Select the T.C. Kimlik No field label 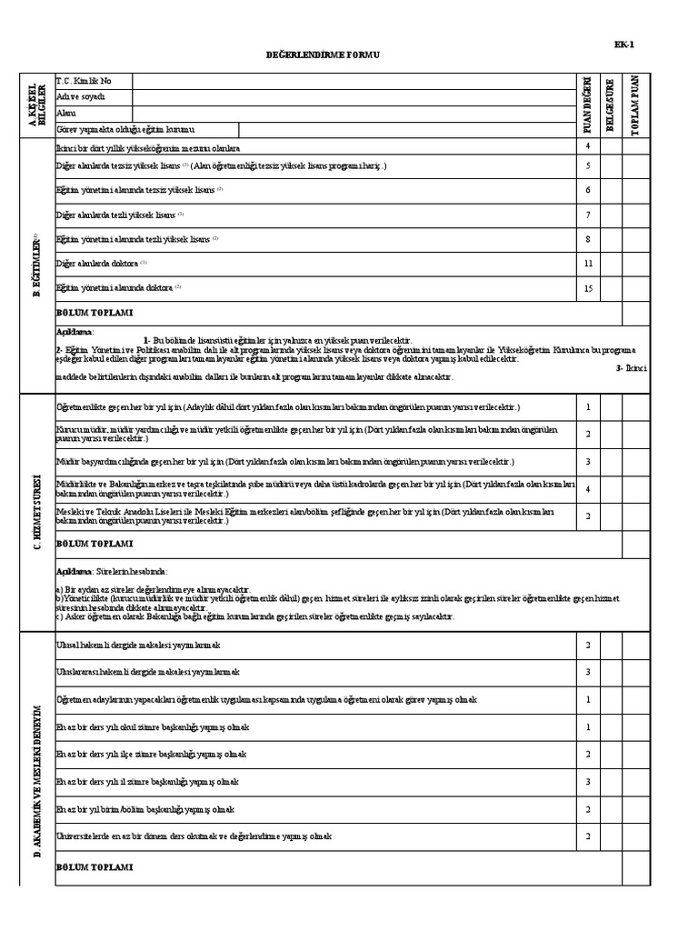coord(85,81)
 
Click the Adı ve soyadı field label coord(81,96)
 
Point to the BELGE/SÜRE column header coord(611,106)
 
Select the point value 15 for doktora coord(588,288)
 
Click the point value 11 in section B coord(588,264)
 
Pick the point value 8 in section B coord(588,239)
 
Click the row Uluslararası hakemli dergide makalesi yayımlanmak coord(147,672)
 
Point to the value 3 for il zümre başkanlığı coord(588,781)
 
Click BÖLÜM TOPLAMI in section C coord(95,544)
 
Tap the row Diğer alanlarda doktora coord(97,264)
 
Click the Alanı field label coord(66,113)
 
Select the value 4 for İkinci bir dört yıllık coord(588,146)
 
